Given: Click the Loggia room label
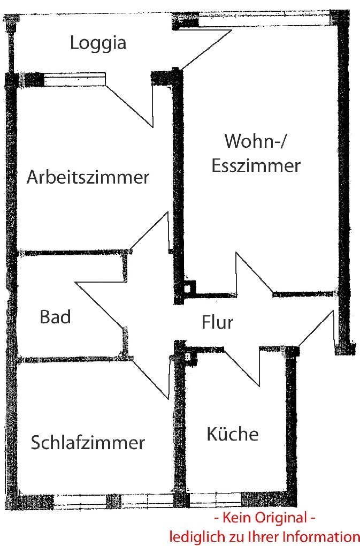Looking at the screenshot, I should (x=98, y=43).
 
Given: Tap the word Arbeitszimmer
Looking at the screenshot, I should (x=88, y=177).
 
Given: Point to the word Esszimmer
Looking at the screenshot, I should (x=256, y=165).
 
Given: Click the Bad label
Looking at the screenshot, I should (x=55, y=317).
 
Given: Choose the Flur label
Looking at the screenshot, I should (x=218, y=323).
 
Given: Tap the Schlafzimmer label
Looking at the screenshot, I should (x=88, y=443).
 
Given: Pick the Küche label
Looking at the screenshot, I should (x=232, y=434).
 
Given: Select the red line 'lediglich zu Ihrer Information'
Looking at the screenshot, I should (x=262, y=536).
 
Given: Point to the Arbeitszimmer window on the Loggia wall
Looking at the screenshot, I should (x=75, y=80).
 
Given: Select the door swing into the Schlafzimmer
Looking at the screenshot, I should (x=152, y=377).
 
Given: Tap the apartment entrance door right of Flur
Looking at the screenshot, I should (x=316, y=329).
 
